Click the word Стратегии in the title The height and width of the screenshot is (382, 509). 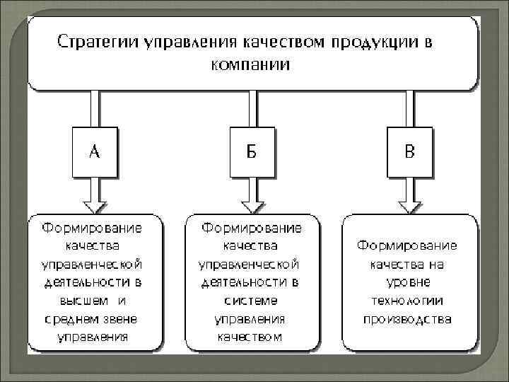97,42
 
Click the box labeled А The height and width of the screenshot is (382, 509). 94,151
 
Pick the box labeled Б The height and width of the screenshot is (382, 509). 251,151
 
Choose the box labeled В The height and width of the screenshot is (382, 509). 409,151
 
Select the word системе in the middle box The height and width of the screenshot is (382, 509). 250,300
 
